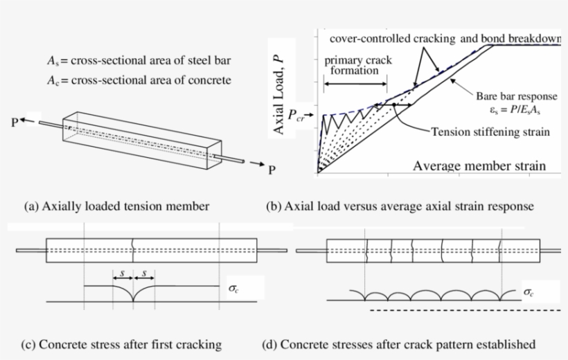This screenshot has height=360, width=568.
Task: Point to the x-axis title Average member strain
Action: click(x=479, y=166)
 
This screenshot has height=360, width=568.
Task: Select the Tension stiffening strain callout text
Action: click(x=490, y=132)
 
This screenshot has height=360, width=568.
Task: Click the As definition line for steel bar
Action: click(x=134, y=61)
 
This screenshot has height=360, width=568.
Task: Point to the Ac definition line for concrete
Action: click(x=134, y=80)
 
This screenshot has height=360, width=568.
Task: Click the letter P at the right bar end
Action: click(x=271, y=170)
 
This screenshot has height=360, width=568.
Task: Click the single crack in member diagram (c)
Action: click(x=133, y=250)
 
